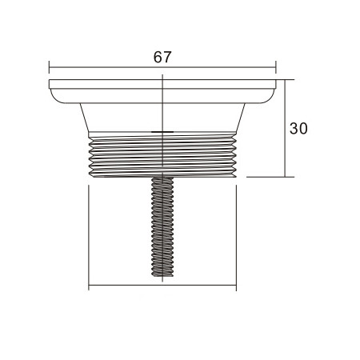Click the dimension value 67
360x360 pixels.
click(x=162, y=58)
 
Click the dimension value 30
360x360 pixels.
click(x=298, y=128)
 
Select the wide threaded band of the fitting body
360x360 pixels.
click(x=162, y=156)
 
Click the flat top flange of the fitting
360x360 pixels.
click(x=162, y=83)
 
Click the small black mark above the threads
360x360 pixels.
click(x=162, y=131)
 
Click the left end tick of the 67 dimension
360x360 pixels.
click(x=49, y=69)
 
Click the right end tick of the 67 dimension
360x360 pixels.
click(x=276, y=69)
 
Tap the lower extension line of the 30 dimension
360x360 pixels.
click(x=268, y=177)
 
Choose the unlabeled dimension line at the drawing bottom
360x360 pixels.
click(x=162, y=286)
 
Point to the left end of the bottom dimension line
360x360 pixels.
click(x=88, y=286)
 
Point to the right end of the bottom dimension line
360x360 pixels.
click(x=237, y=286)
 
